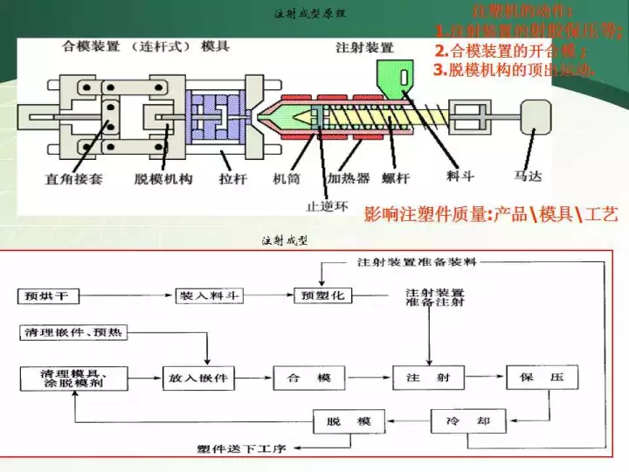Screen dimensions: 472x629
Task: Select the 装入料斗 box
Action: click(211, 296)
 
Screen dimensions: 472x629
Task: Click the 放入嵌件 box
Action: click(197, 378)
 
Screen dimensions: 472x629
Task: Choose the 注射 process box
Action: click(427, 378)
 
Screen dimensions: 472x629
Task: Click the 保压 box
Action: click(543, 378)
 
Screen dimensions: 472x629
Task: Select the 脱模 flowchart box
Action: click(349, 422)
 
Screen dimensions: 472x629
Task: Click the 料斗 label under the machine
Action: click(461, 176)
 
